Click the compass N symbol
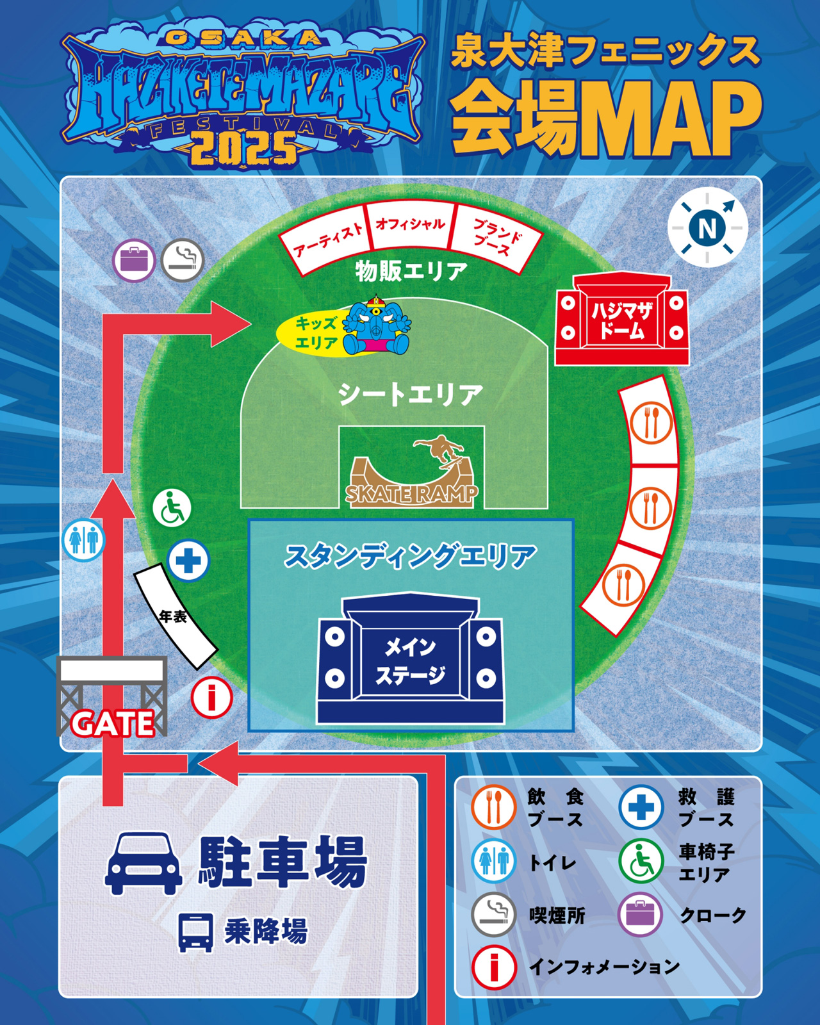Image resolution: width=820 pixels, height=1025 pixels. click(707, 227)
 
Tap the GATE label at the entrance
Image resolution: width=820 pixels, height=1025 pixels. click(113, 724)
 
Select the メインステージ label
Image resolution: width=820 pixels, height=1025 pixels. click(410, 661)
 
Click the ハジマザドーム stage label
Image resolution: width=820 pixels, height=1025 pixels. click(621, 320)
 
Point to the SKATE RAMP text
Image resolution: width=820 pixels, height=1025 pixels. click(411, 494)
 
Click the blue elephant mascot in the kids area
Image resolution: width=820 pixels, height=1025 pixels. click(376, 327)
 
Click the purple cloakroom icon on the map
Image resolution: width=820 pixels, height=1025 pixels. click(134, 260)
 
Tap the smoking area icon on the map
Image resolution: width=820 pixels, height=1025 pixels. click(183, 260)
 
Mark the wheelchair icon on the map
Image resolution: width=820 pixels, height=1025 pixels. click(172, 508)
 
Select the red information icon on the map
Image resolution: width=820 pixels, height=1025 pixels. click(211, 696)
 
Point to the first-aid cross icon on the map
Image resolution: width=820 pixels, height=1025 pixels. click(188, 561)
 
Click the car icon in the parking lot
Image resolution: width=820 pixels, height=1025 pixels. click(143, 862)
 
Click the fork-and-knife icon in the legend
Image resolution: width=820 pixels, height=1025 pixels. click(493, 807)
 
